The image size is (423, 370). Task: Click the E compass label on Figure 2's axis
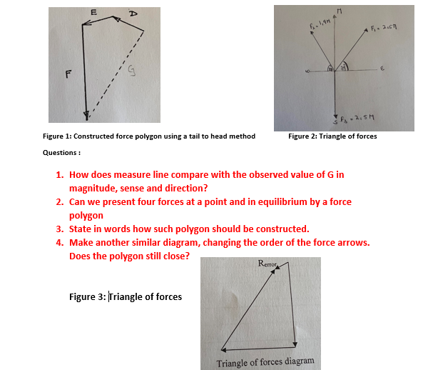(382, 70)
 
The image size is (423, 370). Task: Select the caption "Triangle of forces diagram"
(265, 361)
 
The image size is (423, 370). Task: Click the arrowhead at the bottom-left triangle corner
(223, 350)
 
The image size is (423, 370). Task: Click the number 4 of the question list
(59, 243)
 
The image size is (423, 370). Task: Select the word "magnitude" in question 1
(95, 188)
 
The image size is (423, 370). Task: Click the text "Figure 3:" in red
(88, 297)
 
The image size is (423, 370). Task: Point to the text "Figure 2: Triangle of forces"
(332, 136)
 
